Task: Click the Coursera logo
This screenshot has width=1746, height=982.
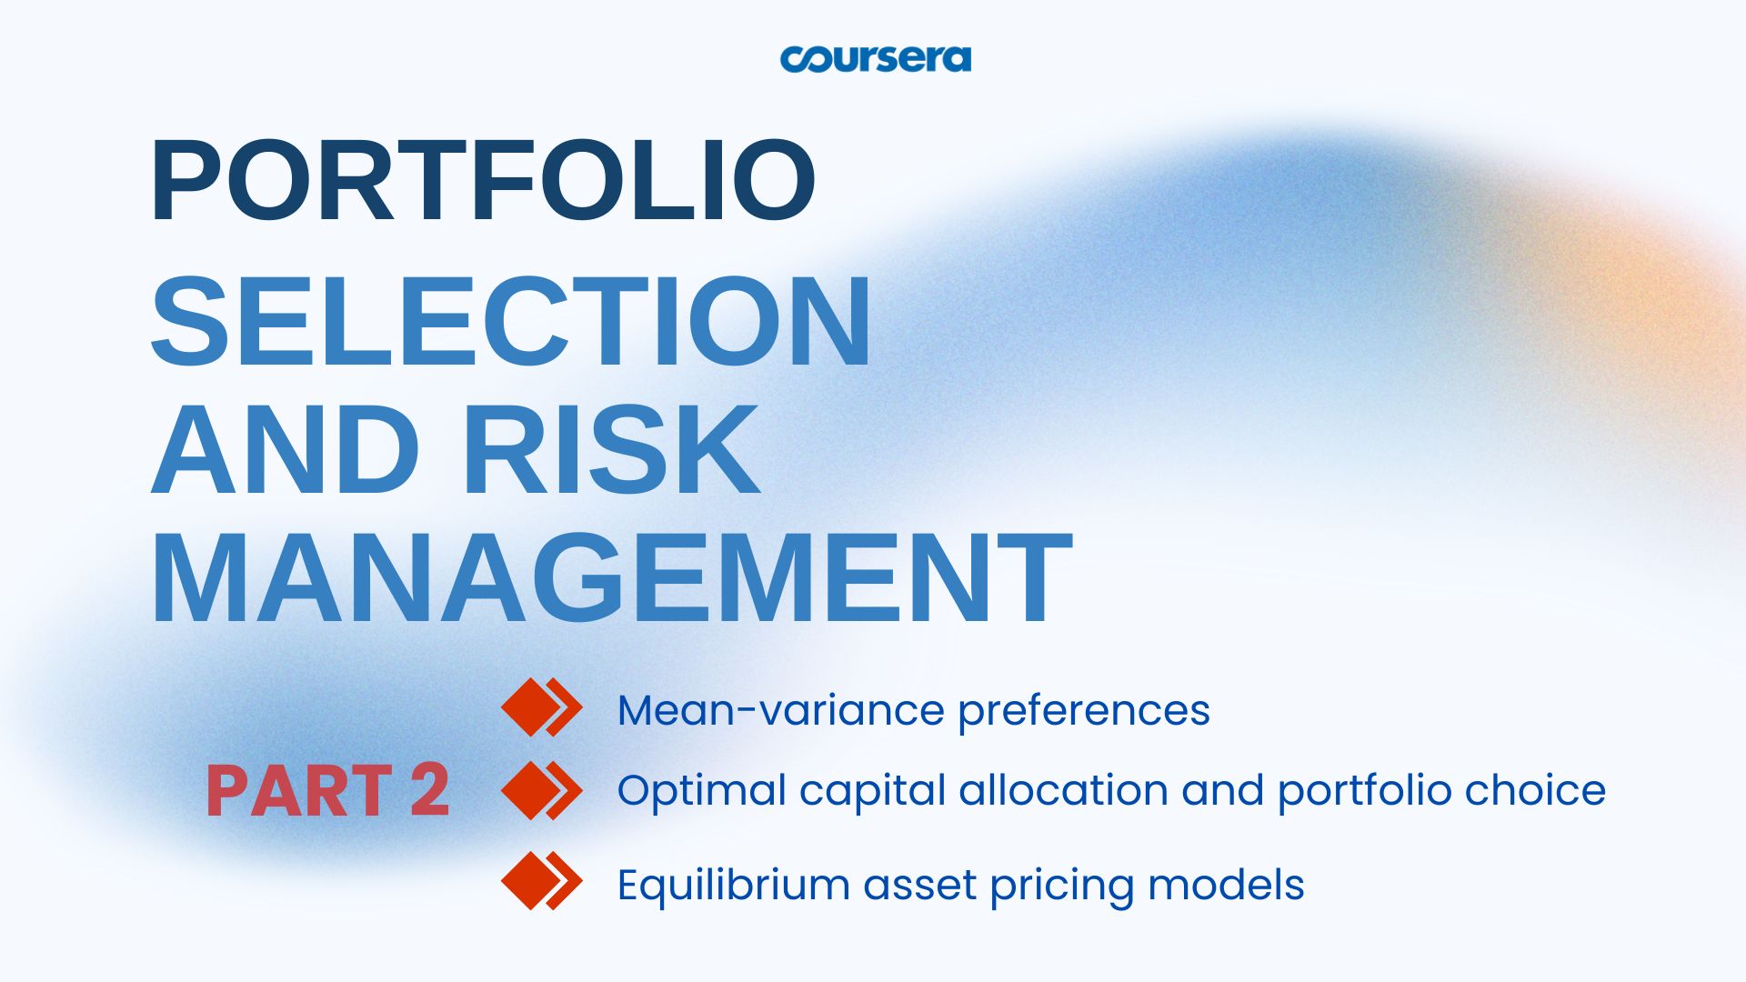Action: pyautogui.click(x=875, y=59)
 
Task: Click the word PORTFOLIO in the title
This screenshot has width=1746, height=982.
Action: pyautogui.click(x=483, y=180)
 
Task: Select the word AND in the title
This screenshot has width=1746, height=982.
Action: pyautogui.click(x=286, y=449)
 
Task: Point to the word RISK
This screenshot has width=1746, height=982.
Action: pyautogui.click(x=612, y=449)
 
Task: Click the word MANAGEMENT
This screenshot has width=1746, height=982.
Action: pyautogui.click(x=612, y=578)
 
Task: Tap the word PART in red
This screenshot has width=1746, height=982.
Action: pyautogui.click(x=299, y=791)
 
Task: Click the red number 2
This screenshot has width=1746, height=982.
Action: pyautogui.click(x=429, y=790)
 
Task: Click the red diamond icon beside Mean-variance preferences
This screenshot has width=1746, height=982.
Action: pyautogui.click(x=541, y=707)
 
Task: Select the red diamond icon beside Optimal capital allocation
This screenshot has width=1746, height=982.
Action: pyautogui.click(x=541, y=790)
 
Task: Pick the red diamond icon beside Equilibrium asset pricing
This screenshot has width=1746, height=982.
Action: pyautogui.click(x=541, y=880)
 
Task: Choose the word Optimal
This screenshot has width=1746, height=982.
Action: pyautogui.click(x=701, y=791)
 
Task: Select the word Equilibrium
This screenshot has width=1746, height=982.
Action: pyautogui.click(x=733, y=886)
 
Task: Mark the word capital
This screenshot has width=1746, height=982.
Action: pyautogui.click(x=872, y=791)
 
